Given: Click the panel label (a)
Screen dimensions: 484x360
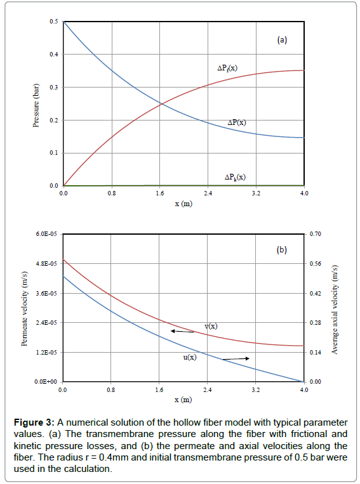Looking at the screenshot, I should pyautogui.click(x=282, y=40).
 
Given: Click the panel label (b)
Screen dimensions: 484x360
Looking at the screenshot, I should pyautogui.click(x=282, y=250).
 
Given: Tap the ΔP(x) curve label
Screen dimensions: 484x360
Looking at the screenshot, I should pyautogui.click(x=237, y=122).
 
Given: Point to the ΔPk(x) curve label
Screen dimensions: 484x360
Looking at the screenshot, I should pyautogui.click(x=235, y=178).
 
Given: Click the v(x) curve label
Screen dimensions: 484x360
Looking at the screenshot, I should pyautogui.click(x=211, y=326).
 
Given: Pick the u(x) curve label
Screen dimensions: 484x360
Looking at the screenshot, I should pyautogui.click(x=189, y=357).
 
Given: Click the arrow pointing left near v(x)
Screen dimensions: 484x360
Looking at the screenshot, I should pyautogui.click(x=182, y=331).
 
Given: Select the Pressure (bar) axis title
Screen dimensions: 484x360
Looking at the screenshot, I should pyautogui.click(x=36, y=104).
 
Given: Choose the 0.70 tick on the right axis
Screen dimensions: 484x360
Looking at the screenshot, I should pyautogui.click(x=316, y=235).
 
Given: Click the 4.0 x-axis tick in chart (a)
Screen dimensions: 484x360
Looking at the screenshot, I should pyautogui.click(x=303, y=192).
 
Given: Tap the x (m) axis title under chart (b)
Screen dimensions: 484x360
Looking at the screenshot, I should pyautogui.click(x=183, y=400).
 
